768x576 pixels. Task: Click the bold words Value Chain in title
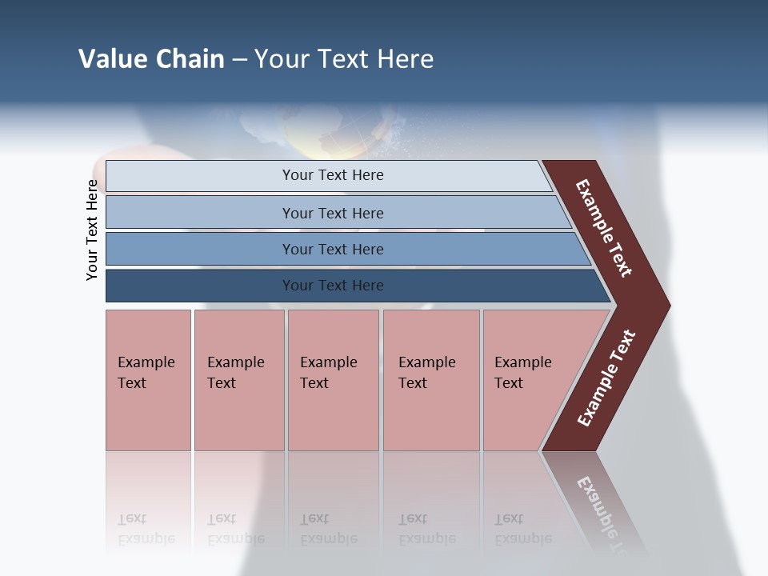tap(151, 59)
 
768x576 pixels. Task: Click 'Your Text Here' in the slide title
tap(344, 59)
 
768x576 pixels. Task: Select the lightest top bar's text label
tap(333, 175)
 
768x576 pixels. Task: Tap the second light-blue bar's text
tap(333, 214)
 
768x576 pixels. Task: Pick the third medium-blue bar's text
tap(333, 250)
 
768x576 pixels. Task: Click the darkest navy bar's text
tap(333, 286)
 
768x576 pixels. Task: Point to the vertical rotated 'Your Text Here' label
tap(92, 230)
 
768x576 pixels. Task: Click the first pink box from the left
tap(148, 379)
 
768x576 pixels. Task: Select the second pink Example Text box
tap(238, 379)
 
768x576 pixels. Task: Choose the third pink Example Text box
tap(332, 379)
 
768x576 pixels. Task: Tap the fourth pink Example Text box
tap(430, 379)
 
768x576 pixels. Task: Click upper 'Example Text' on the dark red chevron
tap(604, 229)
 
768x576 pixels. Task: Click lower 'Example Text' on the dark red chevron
tap(606, 378)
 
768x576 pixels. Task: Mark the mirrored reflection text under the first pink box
tap(146, 529)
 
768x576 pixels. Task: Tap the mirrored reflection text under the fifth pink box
tap(522, 529)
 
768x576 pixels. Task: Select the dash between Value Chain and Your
tap(239, 60)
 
